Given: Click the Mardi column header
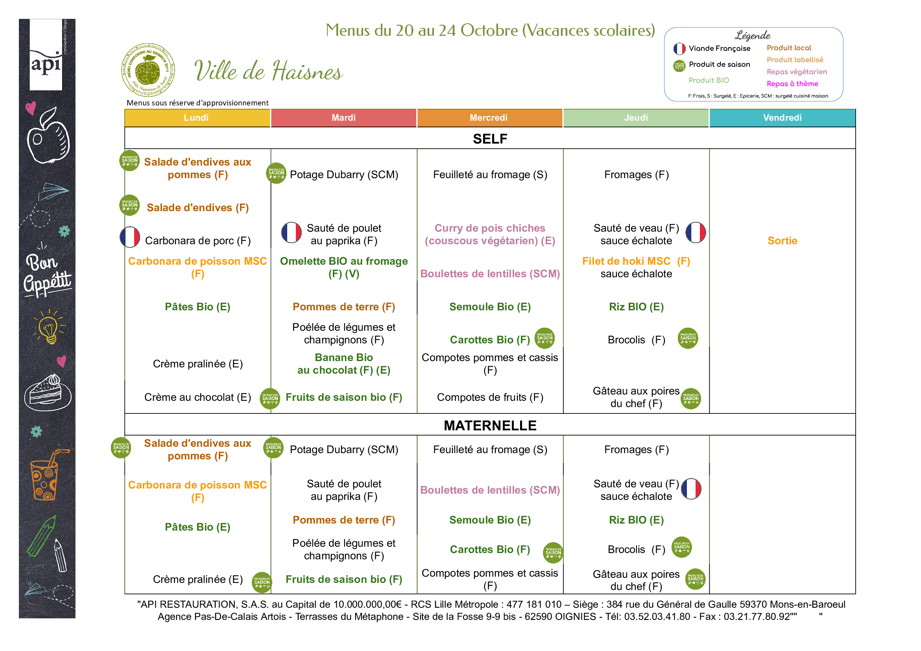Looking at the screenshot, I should pos(343,118).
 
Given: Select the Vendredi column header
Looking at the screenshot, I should pos(782,118).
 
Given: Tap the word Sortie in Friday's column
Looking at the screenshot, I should pos(782,241).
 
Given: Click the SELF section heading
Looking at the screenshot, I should pos(490,139).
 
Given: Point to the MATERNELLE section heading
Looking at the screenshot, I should pos(490,425).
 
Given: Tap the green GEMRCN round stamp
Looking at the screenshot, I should pos(148,70).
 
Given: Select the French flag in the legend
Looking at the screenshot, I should pos(679,49).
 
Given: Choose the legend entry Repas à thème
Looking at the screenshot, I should pos(792,84).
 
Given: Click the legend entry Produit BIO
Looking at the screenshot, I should pos(709,80).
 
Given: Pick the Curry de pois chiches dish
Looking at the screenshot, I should pos(490,234).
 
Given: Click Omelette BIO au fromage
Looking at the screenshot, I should pos(344,267).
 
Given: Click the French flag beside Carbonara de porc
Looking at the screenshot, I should pos(130,237).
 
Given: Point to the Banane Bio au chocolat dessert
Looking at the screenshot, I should pos(344,363).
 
